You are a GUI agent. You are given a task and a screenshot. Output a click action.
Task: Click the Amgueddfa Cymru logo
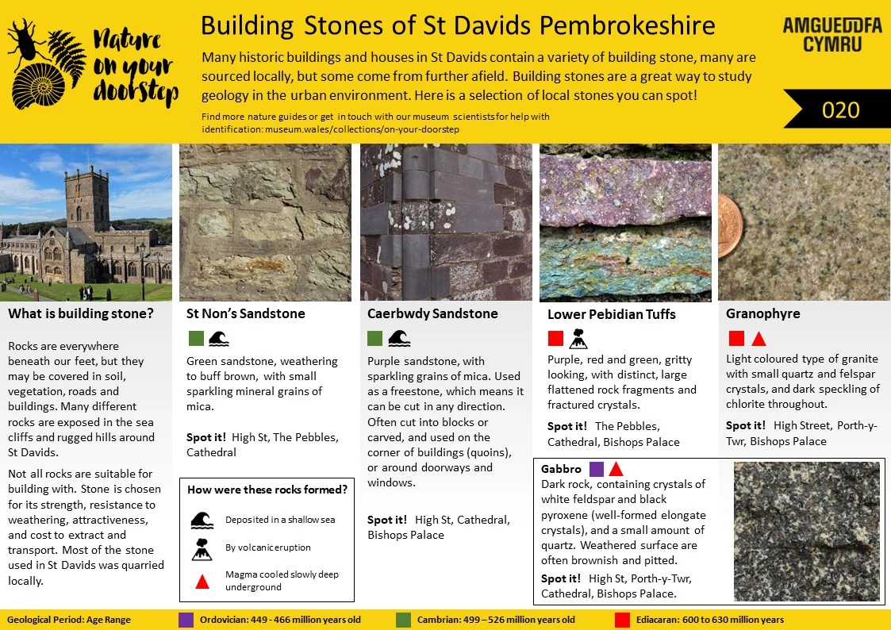point(831,34)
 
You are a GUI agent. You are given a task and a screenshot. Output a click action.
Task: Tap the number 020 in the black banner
point(841,109)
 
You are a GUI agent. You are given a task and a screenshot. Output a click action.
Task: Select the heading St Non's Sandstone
point(245,313)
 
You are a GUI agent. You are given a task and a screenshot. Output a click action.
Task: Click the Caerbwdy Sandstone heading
point(432,313)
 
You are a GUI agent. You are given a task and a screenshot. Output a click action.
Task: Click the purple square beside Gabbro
point(597,469)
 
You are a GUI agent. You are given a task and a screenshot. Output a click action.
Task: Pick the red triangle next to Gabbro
point(616,469)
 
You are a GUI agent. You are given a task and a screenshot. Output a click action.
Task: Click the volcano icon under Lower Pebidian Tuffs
point(578,339)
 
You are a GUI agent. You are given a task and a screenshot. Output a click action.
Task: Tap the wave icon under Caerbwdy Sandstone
point(398,339)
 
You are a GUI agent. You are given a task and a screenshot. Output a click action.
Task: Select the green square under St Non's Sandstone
point(195,339)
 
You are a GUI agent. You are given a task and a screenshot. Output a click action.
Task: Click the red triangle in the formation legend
point(202,582)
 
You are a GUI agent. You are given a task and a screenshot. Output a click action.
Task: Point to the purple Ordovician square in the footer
point(186,620)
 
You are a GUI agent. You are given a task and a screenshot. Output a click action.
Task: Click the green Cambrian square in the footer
point(404,620)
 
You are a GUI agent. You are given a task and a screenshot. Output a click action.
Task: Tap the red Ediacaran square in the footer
point(622,620)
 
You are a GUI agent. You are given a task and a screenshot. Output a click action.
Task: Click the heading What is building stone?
point(81,313)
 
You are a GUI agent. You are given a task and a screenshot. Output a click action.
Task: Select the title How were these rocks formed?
point(267,490)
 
